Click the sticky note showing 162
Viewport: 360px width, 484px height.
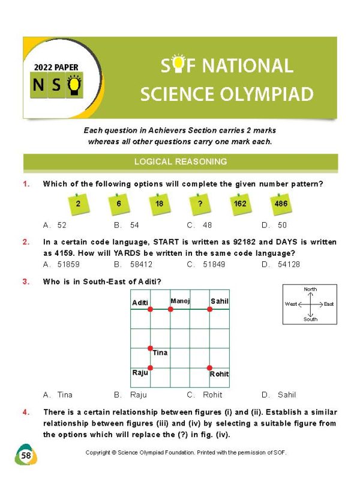pos(239,204)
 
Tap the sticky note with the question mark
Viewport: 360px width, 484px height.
pos(199,204)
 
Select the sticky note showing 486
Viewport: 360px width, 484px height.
pos(280,204)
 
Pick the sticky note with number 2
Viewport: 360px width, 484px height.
pos(78,204)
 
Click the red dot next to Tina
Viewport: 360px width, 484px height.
pos(150,348)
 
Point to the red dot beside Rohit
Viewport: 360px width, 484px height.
pos(209,368)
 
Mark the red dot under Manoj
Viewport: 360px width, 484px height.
pos(170,309)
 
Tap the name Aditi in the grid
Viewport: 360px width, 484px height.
pos(140,303)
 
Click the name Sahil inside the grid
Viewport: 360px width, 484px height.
pos(220,301)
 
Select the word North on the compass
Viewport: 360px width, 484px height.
pos(310,289)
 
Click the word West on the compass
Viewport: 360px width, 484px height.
pos(291,304)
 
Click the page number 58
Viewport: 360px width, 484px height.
pos(26,456)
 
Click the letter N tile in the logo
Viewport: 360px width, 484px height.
pos(38,86)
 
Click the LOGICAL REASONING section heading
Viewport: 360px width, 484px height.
pos(180,162)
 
